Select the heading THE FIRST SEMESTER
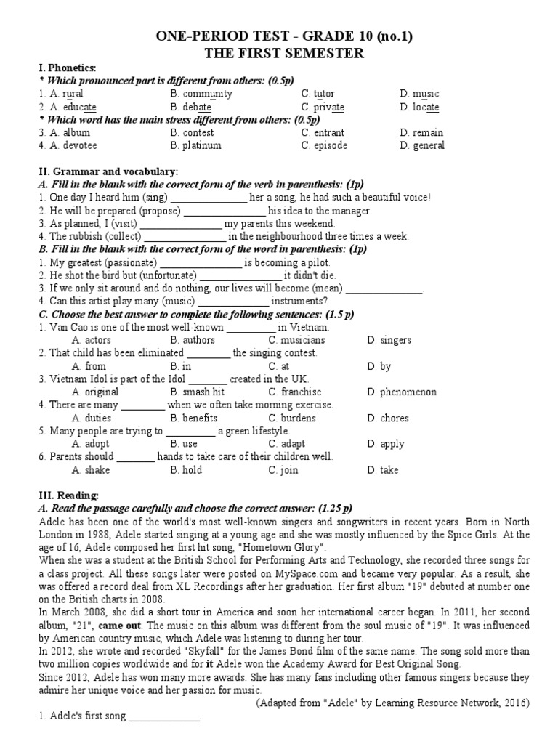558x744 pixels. (x=279, y=54)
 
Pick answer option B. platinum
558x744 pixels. (x=195, y=145)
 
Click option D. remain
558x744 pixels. (x=421, y=133)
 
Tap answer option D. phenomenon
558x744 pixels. (x=402, y=392)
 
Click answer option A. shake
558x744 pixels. (x=89, y=471)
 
